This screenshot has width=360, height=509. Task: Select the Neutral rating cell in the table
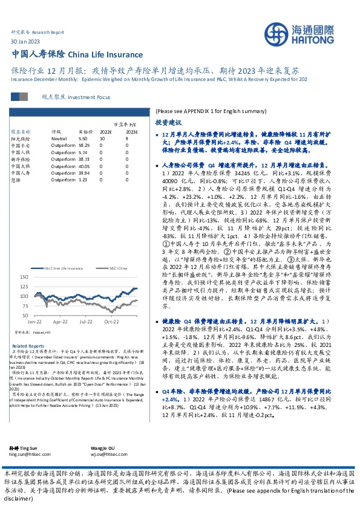point(59,139)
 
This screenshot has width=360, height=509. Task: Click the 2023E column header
point(131,131)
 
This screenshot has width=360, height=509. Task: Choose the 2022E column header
point(105,131)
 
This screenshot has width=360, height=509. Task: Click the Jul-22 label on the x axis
point(85,322)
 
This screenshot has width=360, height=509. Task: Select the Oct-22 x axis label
point(112,322)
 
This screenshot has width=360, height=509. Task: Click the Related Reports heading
point(24,346)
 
